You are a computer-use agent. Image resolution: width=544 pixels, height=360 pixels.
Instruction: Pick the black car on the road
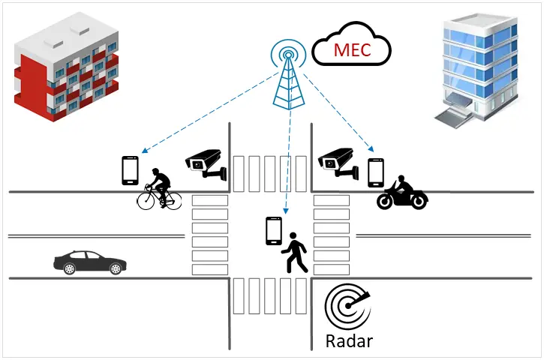pos(89,262)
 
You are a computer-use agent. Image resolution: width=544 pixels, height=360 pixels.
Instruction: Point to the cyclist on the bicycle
pos(159,188)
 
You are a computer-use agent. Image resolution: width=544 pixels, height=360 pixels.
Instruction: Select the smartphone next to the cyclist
pos(131,170)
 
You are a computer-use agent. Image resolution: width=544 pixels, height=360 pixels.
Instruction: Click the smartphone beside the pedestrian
pos(273,230)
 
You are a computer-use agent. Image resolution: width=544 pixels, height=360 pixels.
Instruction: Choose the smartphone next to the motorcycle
pos(376,172)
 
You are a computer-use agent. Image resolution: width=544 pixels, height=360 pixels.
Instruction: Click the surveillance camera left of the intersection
pos(206,163)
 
